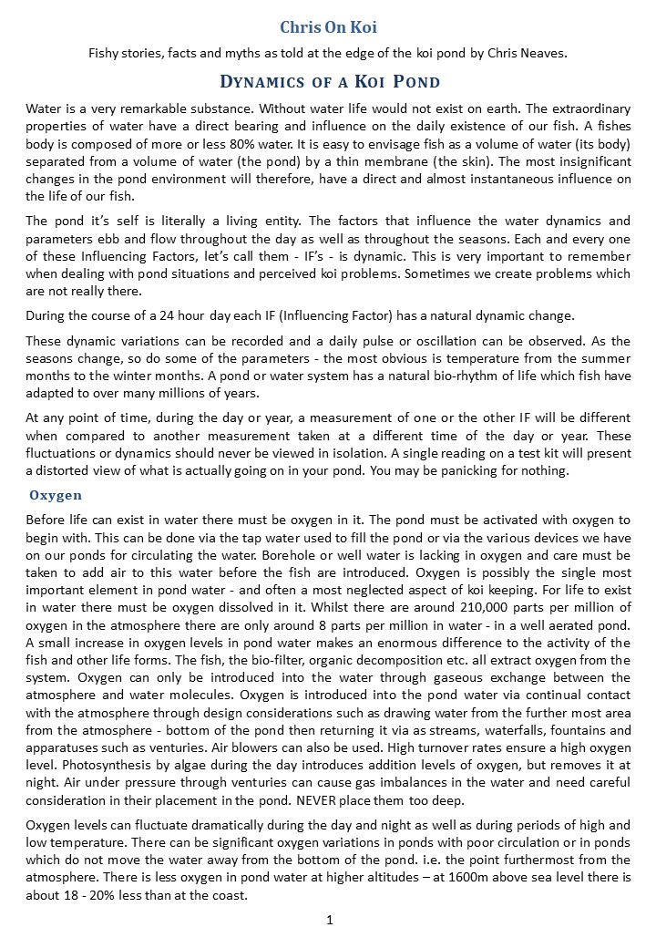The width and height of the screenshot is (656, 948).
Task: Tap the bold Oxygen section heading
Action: coord(56,495)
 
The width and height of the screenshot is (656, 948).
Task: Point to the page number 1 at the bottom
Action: coord(329,920)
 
